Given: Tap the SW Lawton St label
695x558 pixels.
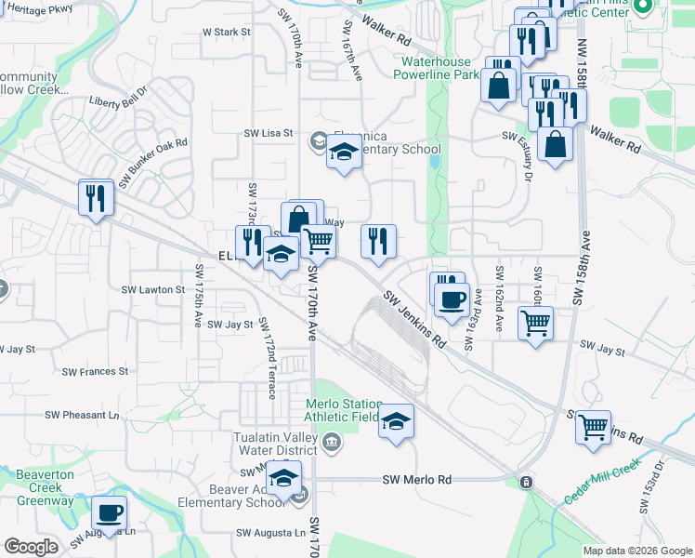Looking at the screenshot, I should point(153,290).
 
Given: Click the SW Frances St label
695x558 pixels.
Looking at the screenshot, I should point(95,372).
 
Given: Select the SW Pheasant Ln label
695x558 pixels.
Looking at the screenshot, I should point(84,415).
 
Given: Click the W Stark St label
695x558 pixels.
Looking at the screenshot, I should point(227,32).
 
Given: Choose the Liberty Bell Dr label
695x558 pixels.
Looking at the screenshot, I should point(118,97).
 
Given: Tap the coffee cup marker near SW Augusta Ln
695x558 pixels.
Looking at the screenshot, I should point(109,512).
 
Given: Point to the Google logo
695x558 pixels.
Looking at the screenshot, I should point(30,547).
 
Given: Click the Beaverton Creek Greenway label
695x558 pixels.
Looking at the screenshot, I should point(45,488).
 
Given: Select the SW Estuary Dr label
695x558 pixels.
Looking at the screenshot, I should point(529,156).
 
